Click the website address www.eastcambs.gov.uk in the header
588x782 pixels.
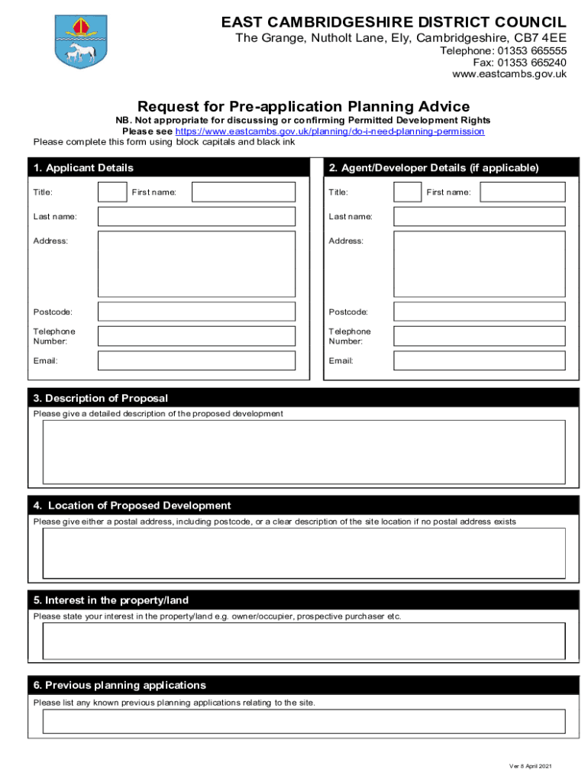tap(509, 74)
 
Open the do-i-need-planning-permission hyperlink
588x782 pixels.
tap(330, 131)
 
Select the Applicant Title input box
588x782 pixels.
tap(112, 192)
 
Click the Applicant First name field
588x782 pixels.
tap(243, 192)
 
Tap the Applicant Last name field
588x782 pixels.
tap(196, 217)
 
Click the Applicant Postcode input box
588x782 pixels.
tap(196, 312)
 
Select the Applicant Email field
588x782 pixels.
tap(196, 360)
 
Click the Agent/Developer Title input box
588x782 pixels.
tap(407, 192)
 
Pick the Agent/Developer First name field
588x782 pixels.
tap(522, 192)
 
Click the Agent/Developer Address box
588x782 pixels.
tap(479, 264)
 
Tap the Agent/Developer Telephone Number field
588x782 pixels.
tap(479, 336)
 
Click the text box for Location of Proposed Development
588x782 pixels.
tap(303, 552)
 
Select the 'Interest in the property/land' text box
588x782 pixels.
tap(303, 640)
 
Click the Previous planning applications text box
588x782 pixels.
tap(303, 721)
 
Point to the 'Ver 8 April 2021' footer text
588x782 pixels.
tap(530, 766)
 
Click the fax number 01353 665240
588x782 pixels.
tap(519, 63)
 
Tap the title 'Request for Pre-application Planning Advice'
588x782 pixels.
tap(303, 106)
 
